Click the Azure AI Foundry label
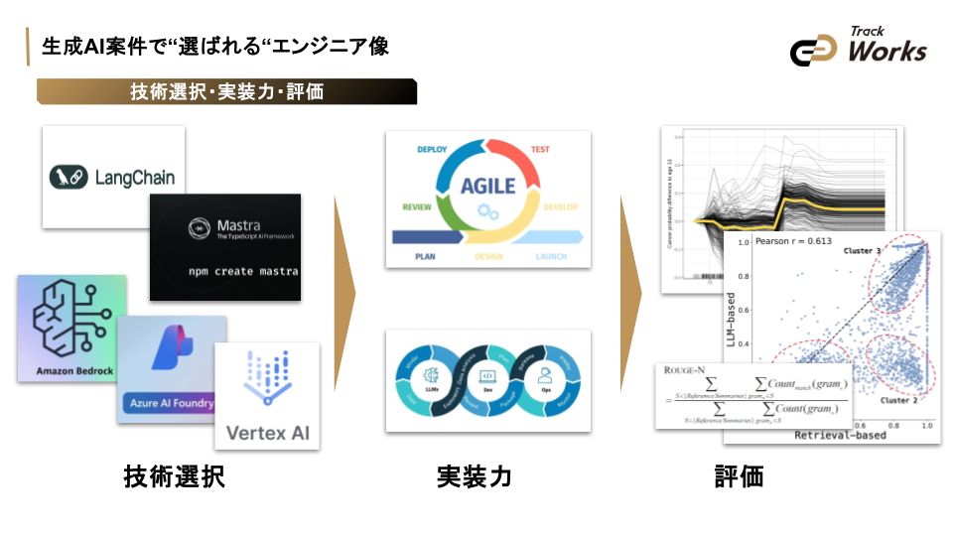click(x=171, y=404)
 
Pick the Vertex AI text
click(x=268, y=432)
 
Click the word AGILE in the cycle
click(x=487, y=186)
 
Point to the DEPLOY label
click(x=432, y=150)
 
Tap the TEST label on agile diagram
click(x=540, y=150)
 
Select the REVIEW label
click(x=416, y=207)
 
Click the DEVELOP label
click(x=560, y=207)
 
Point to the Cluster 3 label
click(x=862, y=251)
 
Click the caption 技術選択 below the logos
click(x=174, y=476)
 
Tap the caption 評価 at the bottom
click(x=740, y=476)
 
